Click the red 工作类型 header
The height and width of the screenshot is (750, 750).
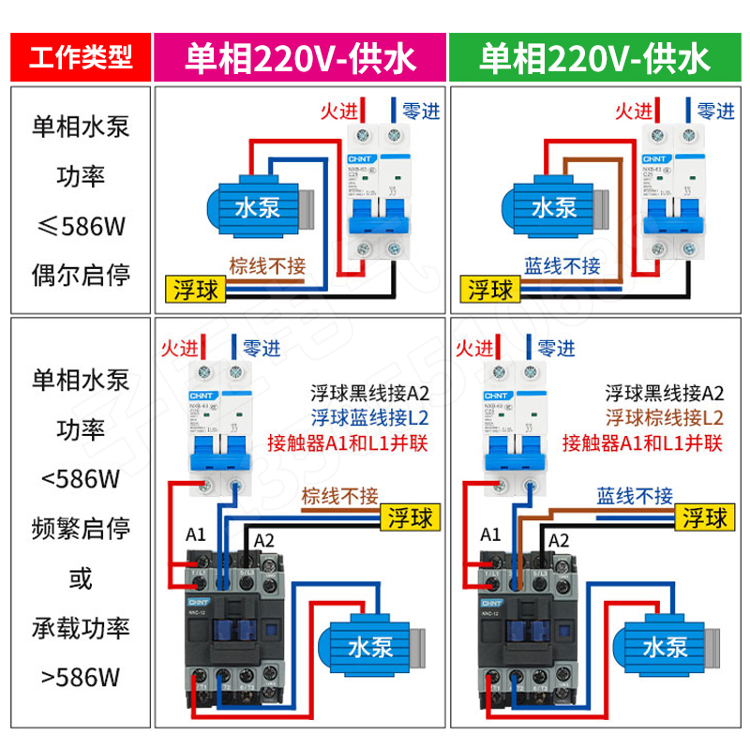tap(80, 58)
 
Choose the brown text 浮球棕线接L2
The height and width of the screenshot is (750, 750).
tap(664, 417)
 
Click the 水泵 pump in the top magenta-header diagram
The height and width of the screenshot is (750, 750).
tap(256, 206)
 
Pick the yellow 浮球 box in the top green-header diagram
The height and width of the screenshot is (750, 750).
tap(490, 289)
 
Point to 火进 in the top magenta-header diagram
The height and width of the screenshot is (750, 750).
tap(338, 111)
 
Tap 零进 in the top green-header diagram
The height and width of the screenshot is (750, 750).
tap(715, 111)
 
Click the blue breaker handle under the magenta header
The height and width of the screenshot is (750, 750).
tap(379, 217)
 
